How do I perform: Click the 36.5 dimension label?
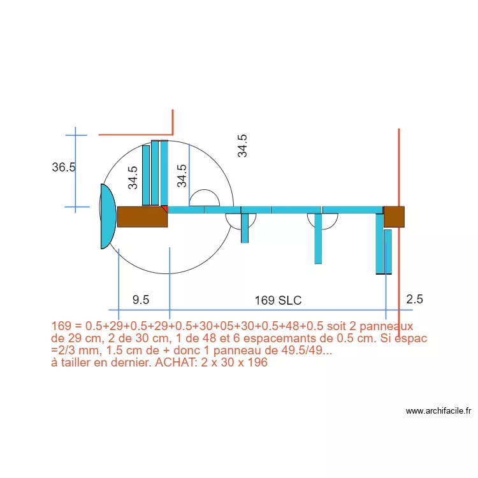click(x=64, y=168)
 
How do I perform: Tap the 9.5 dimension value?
click(x=141, y=300)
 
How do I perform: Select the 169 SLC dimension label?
click(x=278, y=300)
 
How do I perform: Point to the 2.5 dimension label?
click(x=414, y=299)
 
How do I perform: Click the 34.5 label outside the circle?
click(x=242, y=146)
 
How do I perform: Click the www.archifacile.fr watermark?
click(x=438, y=411)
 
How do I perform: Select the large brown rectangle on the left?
click(x=142, y=217)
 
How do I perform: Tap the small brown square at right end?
click(x=394, y=217)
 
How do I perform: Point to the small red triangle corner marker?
click(x=164, y=208)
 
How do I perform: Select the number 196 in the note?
click(x=257, y=363)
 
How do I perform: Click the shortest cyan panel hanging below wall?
click(x=245, y=228)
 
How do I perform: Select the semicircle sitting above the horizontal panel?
click(x=205, y=198)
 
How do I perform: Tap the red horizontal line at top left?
click(x=135, y=134)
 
